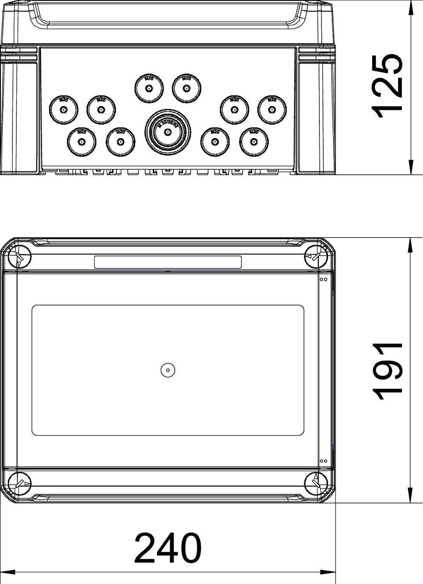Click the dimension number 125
tap(387, 86)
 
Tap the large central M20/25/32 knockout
tap(168, 132)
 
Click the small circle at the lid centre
tap(168, 370)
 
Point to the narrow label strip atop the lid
tap(168, 262)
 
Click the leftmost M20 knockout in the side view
tap(63, 109)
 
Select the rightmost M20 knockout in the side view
tap(272, 109)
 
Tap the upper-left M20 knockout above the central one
tap(149, 88)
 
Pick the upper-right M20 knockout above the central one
tap(187, 88)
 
